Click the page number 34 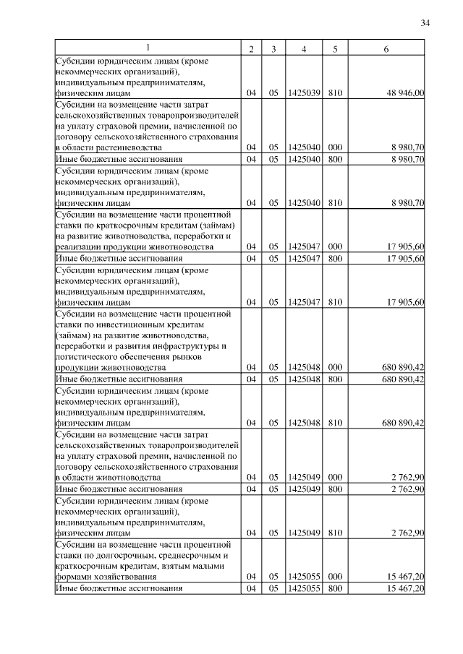click(425, 24)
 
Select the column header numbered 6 click(387, 48)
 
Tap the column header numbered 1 click(148, 48)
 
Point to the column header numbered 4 click(304, 48)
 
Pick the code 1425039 click(304, 93)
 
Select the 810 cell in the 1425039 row click(335, 93)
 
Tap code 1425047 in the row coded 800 click(304, 258)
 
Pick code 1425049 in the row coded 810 click(304, 533)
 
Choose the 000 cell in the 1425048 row click(335, 367)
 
